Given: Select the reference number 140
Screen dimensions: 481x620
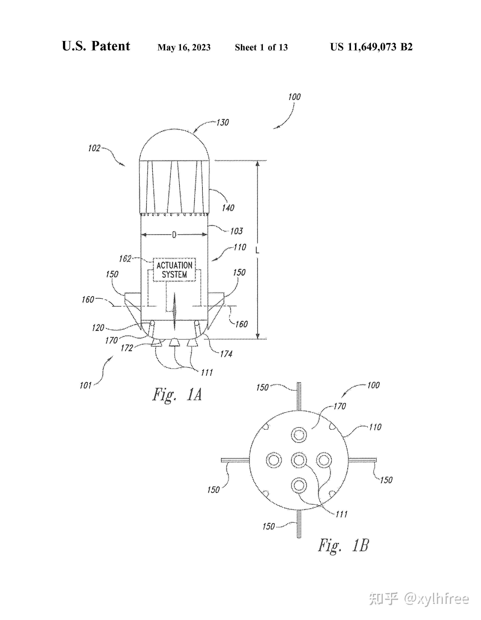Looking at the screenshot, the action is click(228, 208).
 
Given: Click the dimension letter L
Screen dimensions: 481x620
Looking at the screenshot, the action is click(257, 250).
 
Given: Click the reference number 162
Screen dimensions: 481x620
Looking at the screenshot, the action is click(125, 259).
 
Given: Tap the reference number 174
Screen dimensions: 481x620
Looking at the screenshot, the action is click(226, 354).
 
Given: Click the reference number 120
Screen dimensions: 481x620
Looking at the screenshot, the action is click(98, 328).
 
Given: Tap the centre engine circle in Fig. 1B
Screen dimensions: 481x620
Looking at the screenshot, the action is click(299, 460).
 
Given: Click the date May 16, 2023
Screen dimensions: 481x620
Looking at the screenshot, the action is click(184, 47).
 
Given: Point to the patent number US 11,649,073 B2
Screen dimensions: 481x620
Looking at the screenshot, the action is click(371, 47).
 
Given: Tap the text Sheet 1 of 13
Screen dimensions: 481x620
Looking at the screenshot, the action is click(261, 47).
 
